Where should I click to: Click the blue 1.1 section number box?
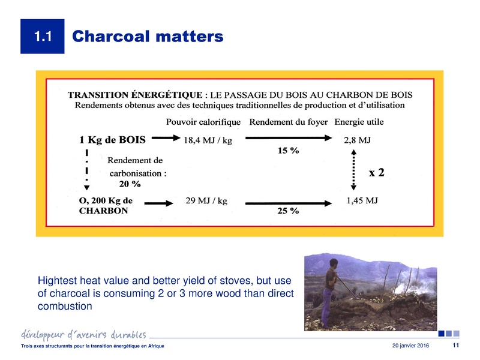pyautogui.click(x=41, y=37)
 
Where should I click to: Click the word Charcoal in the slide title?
pyautogui.click(x=109, y=37)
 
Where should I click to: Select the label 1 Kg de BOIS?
pyautogui.click(x=113, y=141)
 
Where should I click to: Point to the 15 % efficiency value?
pyautogui.click(x=288, y=151)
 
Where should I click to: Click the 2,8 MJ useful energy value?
pyautogui.click(x=357, y=141)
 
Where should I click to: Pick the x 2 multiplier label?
pyautogui.click(x=376, y=172)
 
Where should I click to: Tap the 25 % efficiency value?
pyautogui.click(x=288, y=212)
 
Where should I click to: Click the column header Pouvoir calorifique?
pyautogui.click(x=203, y=122)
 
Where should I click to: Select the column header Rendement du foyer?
pyautogui.click(x=287, y=122)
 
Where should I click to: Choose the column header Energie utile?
pyautogui.click(x=359, y=122)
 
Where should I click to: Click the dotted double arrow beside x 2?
pyautogui.click(x=353, y=172)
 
